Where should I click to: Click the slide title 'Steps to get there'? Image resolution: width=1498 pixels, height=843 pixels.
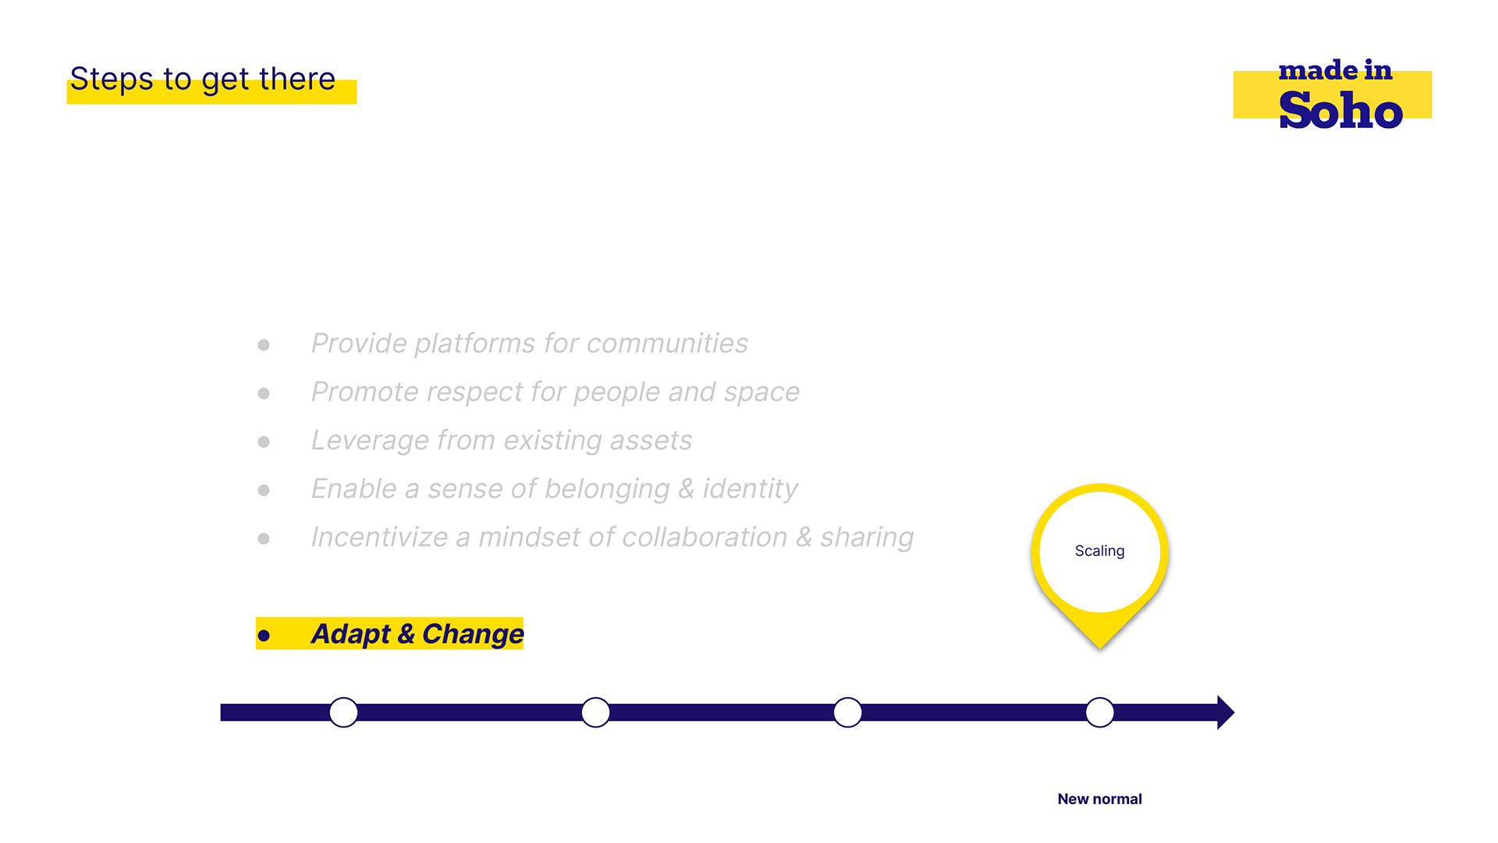[x=203, y=80]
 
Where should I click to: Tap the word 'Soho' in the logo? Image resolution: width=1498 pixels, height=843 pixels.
[x=1340, y=110]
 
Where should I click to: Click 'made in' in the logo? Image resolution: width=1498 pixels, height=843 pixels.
[x=1335, y=70]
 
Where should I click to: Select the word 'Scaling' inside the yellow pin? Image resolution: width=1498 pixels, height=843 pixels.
[x=1099, y=551]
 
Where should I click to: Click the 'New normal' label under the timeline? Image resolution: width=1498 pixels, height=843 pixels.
[x=1099, y=799]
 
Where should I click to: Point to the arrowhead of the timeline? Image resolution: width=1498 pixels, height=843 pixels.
[x=1226, y=712]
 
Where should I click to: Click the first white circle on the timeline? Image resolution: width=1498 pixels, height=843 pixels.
[x=343, y=712]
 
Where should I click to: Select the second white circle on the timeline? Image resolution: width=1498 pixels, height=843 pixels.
[x=595, y=712]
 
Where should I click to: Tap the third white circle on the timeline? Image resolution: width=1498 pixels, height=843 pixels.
[x=847, y=712]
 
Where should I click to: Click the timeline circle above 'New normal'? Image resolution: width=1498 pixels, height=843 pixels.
[x=1099, y=712]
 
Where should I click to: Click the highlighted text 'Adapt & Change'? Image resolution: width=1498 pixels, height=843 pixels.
[x=417, y=634]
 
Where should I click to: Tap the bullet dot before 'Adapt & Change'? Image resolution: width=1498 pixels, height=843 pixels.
[x=264, y=636]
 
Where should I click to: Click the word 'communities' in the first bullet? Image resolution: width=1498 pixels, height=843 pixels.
[x=667, y=343]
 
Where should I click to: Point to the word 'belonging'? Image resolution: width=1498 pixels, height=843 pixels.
[x=607, y=489]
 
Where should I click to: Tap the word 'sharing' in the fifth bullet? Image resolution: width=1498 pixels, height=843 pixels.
[x=867, y=538]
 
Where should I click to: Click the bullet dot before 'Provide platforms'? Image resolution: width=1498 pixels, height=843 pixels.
[x=264, y=345]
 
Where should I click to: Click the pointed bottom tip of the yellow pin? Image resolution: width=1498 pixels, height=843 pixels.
[x=1099, y=648]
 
